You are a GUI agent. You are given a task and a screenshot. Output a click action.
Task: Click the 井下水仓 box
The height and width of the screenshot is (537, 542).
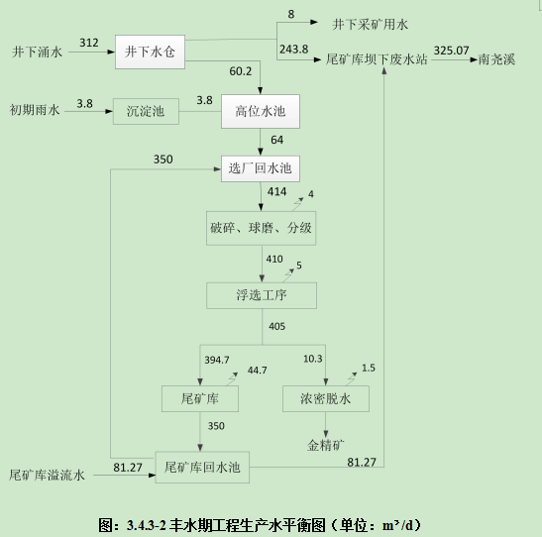[150, 52]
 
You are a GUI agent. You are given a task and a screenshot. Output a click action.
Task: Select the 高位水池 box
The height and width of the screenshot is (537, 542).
[261, 111]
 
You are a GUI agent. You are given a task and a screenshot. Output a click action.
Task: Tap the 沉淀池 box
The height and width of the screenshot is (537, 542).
[146, 111]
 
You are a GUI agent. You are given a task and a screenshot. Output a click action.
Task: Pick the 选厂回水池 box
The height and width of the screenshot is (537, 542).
[261, 168]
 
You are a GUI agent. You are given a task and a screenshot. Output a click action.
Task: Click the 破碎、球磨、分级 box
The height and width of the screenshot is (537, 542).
[261, 228]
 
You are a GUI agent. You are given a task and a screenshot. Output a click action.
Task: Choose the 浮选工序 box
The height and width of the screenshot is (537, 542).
[262, 295]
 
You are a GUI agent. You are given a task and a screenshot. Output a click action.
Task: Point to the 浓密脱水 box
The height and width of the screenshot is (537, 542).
[326, 398]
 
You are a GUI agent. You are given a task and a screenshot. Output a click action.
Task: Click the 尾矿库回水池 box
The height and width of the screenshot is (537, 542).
[202, 468]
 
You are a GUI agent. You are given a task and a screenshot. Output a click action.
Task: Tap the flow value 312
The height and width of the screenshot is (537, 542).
[89, 43]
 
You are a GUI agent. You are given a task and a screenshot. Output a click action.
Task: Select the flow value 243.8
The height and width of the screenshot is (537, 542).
[294, 50]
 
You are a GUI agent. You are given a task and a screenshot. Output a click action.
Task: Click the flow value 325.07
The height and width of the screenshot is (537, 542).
[451, 51]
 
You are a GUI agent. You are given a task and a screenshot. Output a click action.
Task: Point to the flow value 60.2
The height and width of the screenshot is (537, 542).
[241, 71]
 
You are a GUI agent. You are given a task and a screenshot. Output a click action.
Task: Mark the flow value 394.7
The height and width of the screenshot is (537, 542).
[217, 360]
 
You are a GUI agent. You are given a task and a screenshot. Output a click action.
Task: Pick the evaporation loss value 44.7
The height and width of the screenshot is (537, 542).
[258, 371]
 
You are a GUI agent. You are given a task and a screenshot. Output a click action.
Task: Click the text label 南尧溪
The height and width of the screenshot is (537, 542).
[496, 59]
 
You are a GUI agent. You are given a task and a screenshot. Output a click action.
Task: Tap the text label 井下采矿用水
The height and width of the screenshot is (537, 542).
[371, 24]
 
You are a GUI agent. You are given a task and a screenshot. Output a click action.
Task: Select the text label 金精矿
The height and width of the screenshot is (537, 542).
[326, 445]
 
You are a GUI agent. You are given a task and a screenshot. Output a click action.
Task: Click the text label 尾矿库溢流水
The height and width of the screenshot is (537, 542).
[47, 476]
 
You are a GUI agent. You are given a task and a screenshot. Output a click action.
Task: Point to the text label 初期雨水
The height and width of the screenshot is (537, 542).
[35, 110]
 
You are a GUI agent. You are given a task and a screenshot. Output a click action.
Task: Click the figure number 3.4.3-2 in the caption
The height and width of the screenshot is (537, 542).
[147, 525]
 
